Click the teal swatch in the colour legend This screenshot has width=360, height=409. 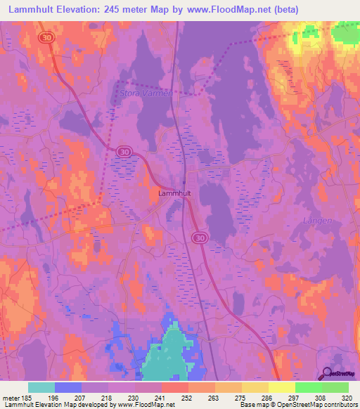41,387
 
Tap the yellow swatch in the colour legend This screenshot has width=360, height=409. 281,387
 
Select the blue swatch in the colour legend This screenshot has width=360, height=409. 68,387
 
